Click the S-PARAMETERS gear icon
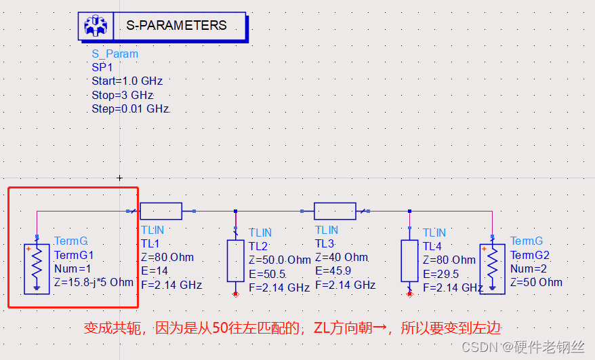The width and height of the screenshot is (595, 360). click(94, 26)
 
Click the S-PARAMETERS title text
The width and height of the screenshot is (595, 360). click(176, 26)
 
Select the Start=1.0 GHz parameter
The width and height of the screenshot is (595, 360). click(127, 81)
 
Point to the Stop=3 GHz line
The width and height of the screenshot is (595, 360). click(122, 95)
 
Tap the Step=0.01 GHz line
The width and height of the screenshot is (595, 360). click(129, 108)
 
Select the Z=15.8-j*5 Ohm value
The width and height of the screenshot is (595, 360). click(94, 281)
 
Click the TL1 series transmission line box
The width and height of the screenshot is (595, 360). click(161, 212)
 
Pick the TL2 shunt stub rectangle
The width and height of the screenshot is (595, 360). click(235, 260)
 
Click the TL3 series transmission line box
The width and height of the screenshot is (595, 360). click(335, 212)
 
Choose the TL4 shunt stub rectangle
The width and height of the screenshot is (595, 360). click(409, 260)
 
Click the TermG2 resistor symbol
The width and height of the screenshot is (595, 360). click(492, 268)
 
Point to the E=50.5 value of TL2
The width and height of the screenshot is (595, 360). click(267, 274)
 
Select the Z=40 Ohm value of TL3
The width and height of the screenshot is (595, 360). click(342, 258)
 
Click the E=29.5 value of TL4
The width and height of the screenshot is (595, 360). click(441, 274)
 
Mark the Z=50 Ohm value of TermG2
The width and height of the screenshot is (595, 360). click(536, 282)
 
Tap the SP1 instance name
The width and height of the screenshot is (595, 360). click(102, 67)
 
